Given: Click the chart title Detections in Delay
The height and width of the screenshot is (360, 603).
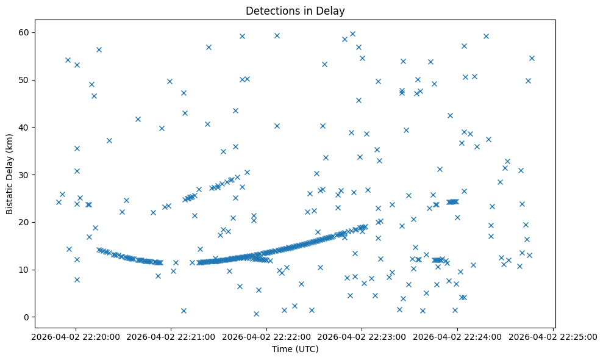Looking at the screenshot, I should (294, 10).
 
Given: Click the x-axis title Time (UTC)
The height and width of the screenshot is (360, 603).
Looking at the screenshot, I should (294, 349).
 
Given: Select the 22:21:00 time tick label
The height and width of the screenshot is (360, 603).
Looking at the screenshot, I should (171, 336).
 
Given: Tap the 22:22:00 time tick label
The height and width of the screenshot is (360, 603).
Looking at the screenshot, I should (266, 336).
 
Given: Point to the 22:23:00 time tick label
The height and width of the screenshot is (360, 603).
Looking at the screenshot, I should (362, 336).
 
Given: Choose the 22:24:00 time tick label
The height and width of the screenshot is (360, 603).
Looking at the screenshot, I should (457, 336).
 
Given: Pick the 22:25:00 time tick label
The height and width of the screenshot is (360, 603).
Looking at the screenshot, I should (553, 336).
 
